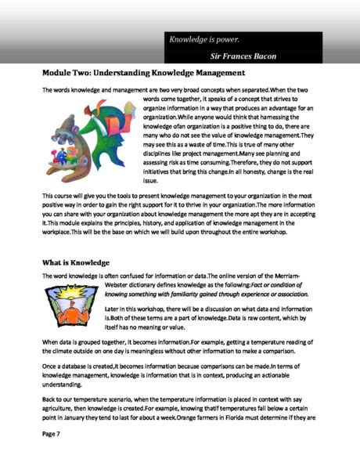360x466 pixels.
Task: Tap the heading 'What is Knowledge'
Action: (76, 262)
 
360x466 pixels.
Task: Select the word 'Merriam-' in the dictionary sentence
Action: (297, 278)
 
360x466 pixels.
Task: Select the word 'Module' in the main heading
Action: (58, 74)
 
